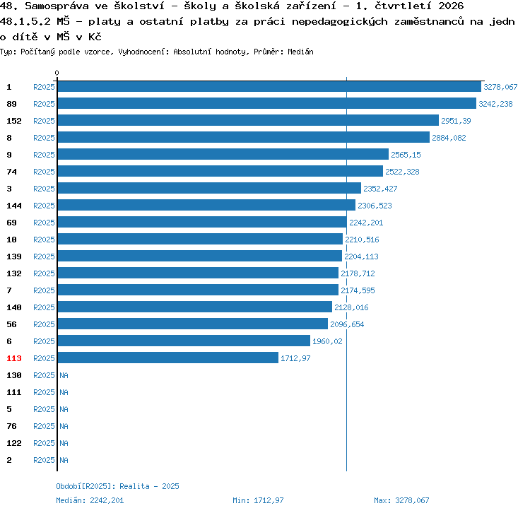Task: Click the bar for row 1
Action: (x=269, y=86)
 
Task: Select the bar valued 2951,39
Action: (x=249, y=120)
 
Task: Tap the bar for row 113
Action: (x=168, y=358)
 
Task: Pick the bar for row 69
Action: (x=202, y=222)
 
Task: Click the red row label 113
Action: (x=14, y=358)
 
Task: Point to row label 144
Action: (x=14, y=206)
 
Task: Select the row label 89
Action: (x=11, y=104)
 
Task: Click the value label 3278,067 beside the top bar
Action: (x=500, y=87)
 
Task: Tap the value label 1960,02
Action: (x=327, y=341)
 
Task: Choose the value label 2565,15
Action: (x=406, y=155)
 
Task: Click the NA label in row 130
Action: (x=64, y=375)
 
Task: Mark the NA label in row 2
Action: (x=64, y=460)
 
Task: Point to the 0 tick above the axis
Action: (x=57, y=73)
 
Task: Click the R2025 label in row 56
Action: (x=44, y=324)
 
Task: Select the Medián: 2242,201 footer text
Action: (x=90, y=500)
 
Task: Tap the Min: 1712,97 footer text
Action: (x=258, y=500)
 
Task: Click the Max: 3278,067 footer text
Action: (x=401, y=500)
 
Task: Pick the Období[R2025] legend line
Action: (x=117, y=486)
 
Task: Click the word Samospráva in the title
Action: (x=57, y=6)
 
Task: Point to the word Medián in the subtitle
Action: (x=300, y=52)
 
